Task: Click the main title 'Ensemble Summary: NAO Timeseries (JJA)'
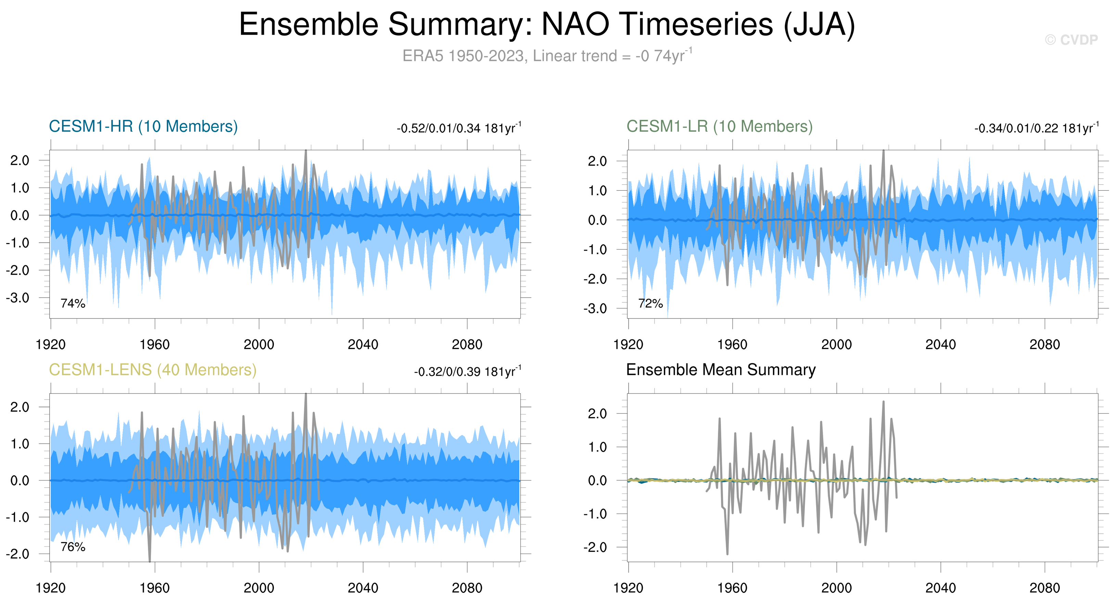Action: tap(547, 24)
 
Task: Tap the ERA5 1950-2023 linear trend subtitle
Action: tap(547, 56)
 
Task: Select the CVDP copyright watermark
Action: tap(1071, 40)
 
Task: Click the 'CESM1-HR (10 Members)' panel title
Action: tap(143, 126)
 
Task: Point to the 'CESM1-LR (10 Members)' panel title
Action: tap(719, 126)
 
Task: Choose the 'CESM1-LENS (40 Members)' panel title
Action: tap(152, 370)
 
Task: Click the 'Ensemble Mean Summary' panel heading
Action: tap(721, 370)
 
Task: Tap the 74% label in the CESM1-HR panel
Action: tap(73, 303)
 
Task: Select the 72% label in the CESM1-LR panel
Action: tap(650, 303)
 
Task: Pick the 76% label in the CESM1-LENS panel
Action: tap(73, 547)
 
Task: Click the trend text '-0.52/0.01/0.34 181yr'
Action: tap(458, 128)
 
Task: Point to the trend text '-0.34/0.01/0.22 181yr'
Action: tap(1036, 128)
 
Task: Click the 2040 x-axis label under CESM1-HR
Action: tap(363, 345)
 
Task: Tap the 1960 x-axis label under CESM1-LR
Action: tap(732, 345)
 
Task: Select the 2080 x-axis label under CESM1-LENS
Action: tap(467, 588)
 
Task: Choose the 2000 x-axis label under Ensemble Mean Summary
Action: tap(836, 588)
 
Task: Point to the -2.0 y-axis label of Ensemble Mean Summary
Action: tap(595, 547)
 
